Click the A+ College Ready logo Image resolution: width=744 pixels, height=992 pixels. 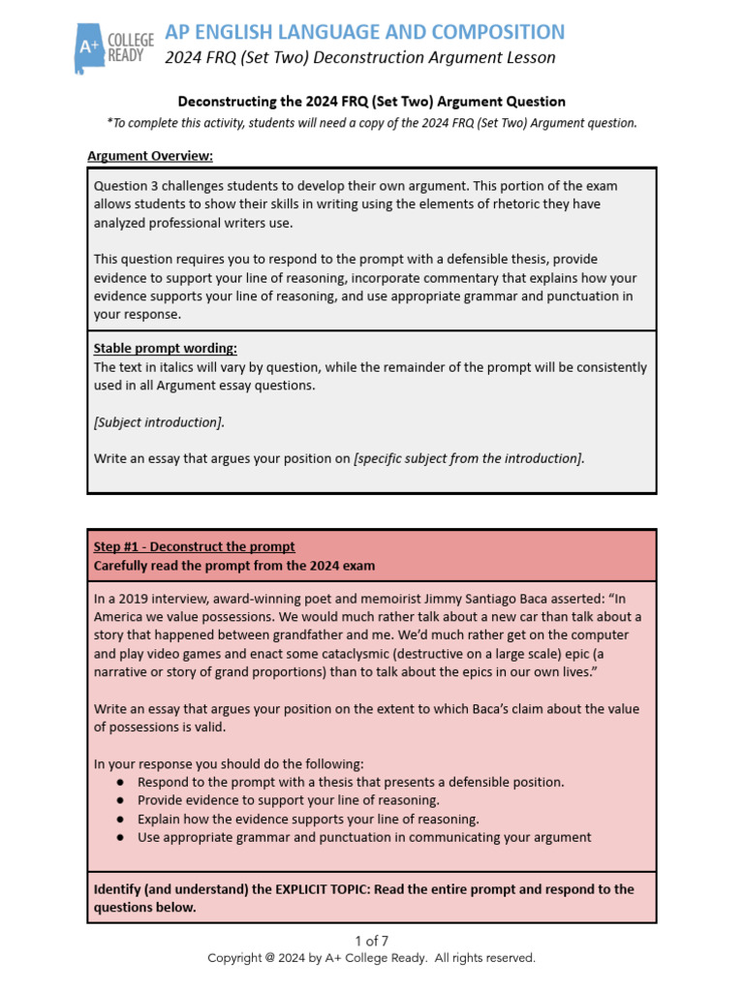click(x=114, y=46)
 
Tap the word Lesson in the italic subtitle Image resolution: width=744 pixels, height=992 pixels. click(x=530, y=57)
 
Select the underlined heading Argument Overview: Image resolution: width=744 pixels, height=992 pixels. click(x=150, y=155)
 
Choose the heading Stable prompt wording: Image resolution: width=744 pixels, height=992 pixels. click(x=165, y=348)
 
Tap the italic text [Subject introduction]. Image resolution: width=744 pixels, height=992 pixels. click(x=159, y=422)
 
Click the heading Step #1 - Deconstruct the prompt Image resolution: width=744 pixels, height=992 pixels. click(x=194, y=546)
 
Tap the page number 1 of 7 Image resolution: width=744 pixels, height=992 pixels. click(x=371, y=940)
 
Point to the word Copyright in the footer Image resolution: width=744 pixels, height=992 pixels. click(x=238, y=957)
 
